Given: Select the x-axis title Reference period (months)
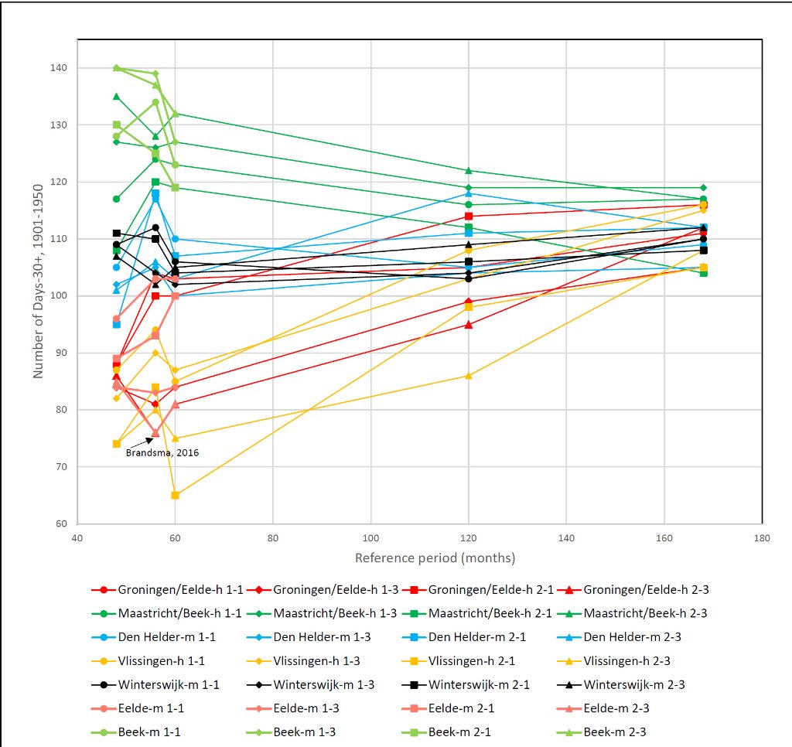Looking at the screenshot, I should click(x=435, y=558).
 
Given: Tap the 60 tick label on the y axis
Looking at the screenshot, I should click(x=61, y=524).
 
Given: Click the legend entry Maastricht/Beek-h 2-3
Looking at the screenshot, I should click(x=646, y=613).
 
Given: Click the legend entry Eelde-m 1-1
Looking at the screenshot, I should click(x=152, y=708).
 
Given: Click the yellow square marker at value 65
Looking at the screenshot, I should click(x=175, y=495).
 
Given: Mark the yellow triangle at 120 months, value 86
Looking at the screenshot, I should click(x=468, y=376).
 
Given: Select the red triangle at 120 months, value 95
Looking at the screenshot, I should click(x=468, y=325).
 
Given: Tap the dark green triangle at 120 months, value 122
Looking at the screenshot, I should click(x=468, y=170).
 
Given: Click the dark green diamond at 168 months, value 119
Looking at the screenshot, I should click(x=703, y=187).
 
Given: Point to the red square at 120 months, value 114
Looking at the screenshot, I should click(x=468, y=216).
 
